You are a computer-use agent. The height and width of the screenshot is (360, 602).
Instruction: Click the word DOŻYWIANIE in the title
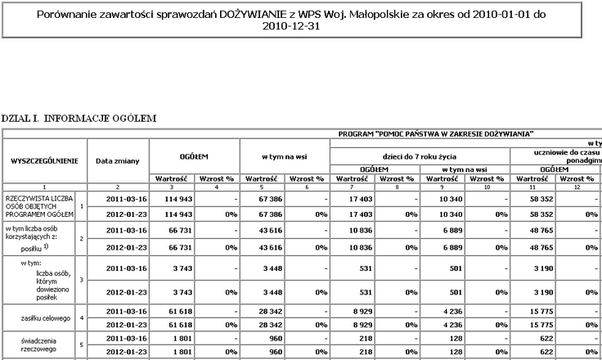(x=257, y=15)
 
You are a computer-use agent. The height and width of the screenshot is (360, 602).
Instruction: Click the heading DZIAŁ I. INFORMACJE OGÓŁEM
(x=79, y=119)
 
